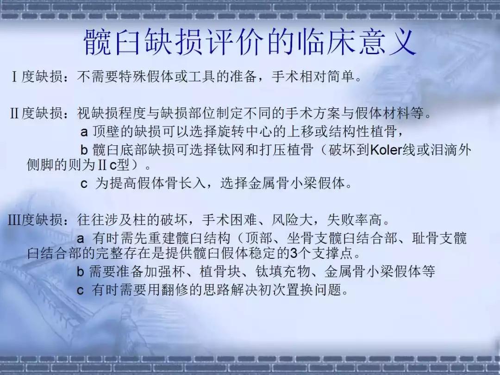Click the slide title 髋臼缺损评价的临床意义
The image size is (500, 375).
(250, 42)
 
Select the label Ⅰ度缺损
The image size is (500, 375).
(37, 76)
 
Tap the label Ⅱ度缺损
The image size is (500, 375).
(37, 113)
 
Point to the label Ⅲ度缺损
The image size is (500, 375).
(35, 220)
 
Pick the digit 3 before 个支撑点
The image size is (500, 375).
(294, 254)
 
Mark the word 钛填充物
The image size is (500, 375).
(282, 271)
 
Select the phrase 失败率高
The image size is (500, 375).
(354, 220)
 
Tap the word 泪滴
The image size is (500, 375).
(444, 150)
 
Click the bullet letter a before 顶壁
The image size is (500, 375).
(84, 132)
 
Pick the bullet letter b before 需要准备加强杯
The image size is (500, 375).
(81, 271)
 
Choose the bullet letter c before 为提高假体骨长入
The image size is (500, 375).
(84, 184)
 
